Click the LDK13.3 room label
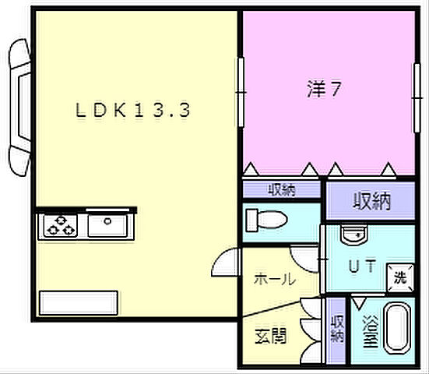[133, 111]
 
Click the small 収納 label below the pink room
[281, 189]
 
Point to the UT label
[360, 266]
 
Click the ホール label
[275, 278]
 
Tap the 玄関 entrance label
[270, 337]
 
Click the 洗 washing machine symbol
[399, 275]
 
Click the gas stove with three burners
[60, 227]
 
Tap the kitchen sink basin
[110, 226]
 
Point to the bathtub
[399, 330]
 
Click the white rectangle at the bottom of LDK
[79, 303]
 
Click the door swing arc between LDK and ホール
[227, 261]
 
